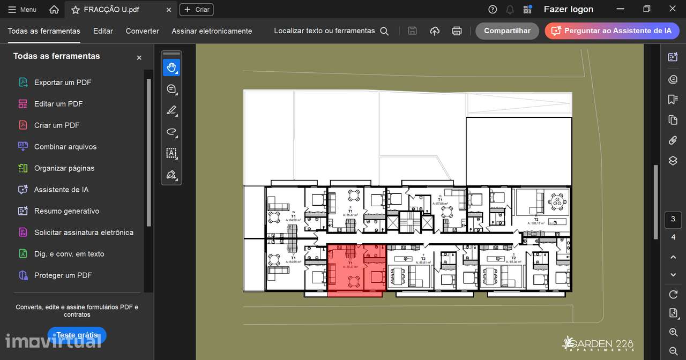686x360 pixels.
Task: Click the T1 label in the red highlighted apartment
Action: click(x=350, y=263)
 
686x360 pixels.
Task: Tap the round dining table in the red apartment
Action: click(x=353, y=281)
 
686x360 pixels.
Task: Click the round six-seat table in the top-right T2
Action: click(x=557, y=202)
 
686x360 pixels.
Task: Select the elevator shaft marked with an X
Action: click(x=392, y=222)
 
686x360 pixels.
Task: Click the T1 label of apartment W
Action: click(x=293, y=216)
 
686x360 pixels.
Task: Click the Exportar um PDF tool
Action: click(x=62, y=82)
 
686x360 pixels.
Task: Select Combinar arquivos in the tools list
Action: click(x=65, y=147)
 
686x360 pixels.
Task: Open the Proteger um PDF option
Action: click(x=63, y=275)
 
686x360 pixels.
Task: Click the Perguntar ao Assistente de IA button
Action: click(x=612, y=31)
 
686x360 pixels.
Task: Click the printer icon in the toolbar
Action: click(x=457, y=31)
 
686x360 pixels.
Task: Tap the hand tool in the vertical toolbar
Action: click(x=171, y=67)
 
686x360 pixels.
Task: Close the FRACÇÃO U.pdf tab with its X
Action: click(x=169, y=10)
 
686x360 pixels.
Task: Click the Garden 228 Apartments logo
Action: click(x=598, y=344)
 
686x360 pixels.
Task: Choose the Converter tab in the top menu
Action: click(x=142, y=31)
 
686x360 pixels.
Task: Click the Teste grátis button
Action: click(x=77, y=335)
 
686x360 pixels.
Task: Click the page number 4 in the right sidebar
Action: click(x=673, y=237)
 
